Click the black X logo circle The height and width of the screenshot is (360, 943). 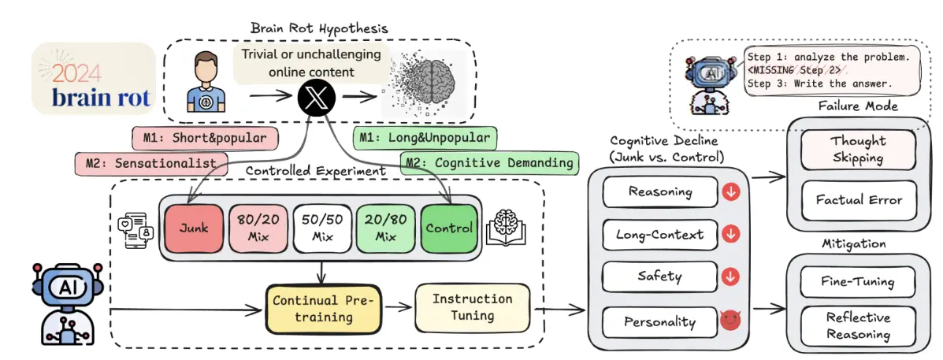click(x=312, y=97)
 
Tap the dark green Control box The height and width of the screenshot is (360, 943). click(x=448, y=228)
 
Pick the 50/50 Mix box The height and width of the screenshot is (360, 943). click(x=322, y=228)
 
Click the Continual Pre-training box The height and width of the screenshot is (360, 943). click(x=324, y=309)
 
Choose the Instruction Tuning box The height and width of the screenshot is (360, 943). click(x=473, y=307)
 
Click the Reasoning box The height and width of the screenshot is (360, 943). click(x=660, y=192)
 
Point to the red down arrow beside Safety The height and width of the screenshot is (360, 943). click(x=731, y=277)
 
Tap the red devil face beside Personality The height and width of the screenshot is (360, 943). click(x=731, y=321)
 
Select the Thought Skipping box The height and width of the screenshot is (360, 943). click(x=858, y=149)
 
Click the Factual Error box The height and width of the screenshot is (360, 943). click(x=858, y=200)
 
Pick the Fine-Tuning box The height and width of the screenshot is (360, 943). click(x=858, y=281)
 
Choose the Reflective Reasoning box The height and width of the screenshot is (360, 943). click(x=858, y=326)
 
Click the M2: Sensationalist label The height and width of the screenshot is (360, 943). click(x=154, y=163)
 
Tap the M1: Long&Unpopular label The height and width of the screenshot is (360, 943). click(x=425, y=138)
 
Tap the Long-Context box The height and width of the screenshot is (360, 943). click(x=660, y=235)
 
